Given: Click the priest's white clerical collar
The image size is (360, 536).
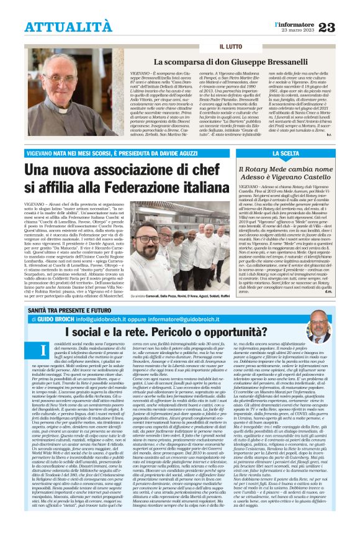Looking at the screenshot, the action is (73, 111).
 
